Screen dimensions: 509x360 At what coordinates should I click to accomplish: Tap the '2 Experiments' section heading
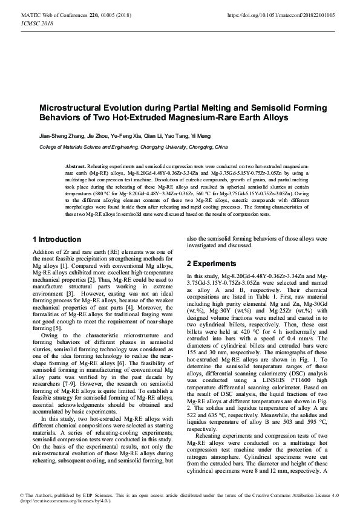coord(211,264)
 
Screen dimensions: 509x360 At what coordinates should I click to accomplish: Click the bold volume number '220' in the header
coord(94,14)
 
